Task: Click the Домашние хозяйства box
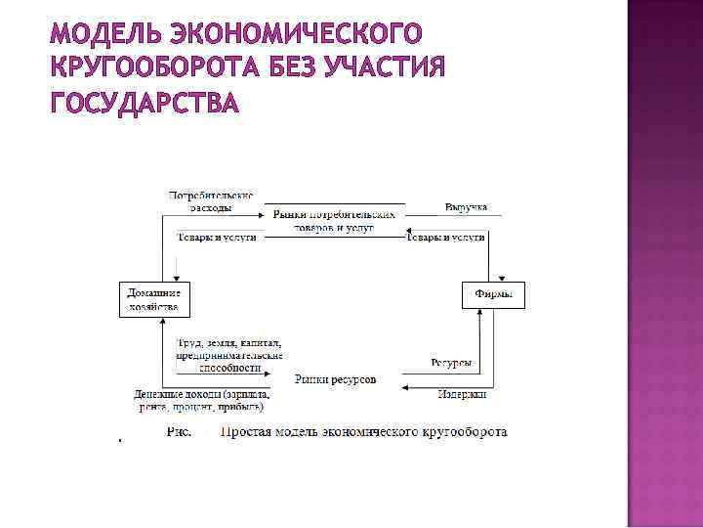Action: pos(154,299)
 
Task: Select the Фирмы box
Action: pos(493,293)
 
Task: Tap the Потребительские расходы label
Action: pos(212,201)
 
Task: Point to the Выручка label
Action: pos(466,207)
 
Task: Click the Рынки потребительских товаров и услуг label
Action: pos(334,220)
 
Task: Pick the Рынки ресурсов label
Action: pos(335,378)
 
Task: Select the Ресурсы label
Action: pos(451,363)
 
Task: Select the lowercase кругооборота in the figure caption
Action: pos(462,431)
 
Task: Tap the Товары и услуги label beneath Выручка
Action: pos(446,238)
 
